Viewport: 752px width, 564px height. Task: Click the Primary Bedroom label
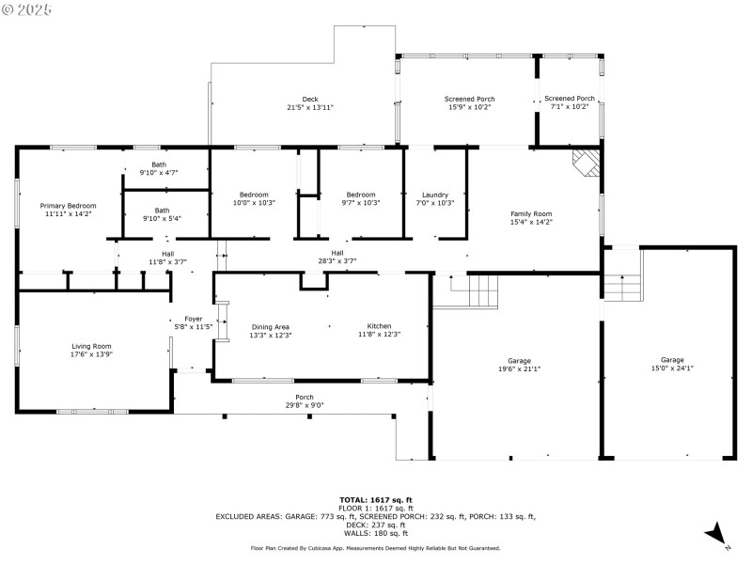(68, 205)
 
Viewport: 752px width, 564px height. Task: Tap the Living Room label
(91, 346)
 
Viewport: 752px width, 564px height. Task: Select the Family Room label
(531, 213)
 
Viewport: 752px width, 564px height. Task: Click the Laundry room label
(435, 195)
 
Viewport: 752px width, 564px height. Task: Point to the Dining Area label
(270, 326)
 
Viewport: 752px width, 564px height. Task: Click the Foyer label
(193, 319)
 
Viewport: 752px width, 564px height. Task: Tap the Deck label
(310, 99)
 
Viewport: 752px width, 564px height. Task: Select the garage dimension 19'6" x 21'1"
(518, 368)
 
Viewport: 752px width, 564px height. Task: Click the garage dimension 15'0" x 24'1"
(672, 368)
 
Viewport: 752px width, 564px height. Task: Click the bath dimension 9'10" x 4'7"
(159, 173)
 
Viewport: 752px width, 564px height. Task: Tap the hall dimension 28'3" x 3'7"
(337, 261)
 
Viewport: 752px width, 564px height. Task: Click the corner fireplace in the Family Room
(587, 163)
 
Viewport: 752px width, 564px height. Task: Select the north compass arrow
(716, 534)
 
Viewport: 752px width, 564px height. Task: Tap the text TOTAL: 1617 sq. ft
(376, 499)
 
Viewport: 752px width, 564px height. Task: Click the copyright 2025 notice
(27, 8)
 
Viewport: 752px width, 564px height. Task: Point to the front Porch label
(305, 397)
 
